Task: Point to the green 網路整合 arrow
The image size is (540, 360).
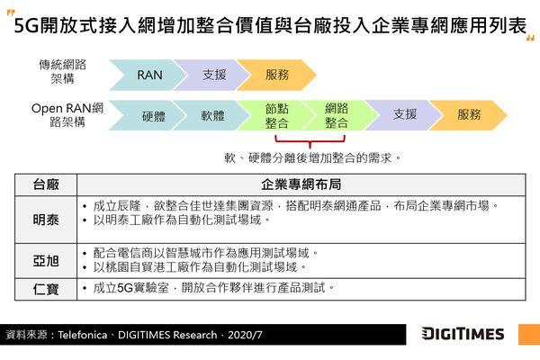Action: tap(337, 115)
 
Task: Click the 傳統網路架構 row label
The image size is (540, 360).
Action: tap(62, 72)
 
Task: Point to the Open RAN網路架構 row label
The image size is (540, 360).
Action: tap(67, 115)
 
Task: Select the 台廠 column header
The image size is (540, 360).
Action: tap(46, 184)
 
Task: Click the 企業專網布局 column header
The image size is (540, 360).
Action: tap(301, 184)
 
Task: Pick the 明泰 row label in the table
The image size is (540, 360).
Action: tap(46, 220)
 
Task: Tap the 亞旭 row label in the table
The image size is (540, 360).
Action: tap(46, 261)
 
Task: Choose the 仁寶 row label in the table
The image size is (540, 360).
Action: tap(46, 289)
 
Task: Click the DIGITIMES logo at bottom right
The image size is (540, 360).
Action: tap(463, 334)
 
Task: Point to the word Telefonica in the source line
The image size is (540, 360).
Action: tap(82, 335)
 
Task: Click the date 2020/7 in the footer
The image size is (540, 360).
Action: tap(245, 335)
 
